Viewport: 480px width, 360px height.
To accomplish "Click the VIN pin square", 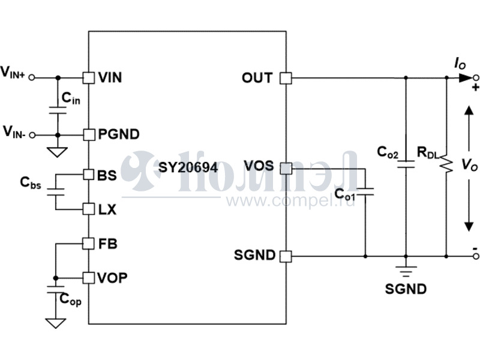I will (x=88, y=77).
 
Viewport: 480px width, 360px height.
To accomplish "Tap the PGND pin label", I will (x=119, y=134).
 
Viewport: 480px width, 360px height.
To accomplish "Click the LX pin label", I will (x=108, y=209).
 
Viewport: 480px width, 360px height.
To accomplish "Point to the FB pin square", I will (x=88, y=244).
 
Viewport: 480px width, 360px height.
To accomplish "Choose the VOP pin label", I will (x=112, y=278).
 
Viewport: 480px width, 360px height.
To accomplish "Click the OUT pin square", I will (x=286, y=78).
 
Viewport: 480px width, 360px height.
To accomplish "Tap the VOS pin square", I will (x=286, y=168).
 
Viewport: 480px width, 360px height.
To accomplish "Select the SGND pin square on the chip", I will (x=286, y=256).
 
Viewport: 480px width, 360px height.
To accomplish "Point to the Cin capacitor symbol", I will (x=58, y=112).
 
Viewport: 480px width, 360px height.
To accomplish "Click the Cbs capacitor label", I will (x=31, y=184).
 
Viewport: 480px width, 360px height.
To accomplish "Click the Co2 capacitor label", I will (x=388, y=152).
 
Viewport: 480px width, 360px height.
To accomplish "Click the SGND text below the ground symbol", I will (x=406, y=289).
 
